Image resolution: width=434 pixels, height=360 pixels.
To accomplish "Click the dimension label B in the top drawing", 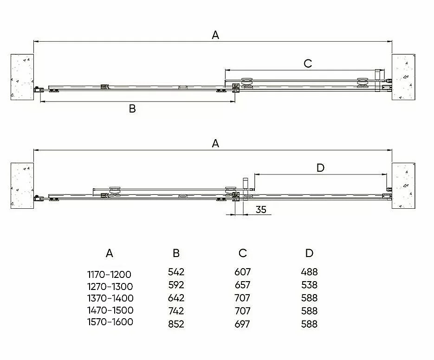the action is pyautogui.click(x=132, y=109).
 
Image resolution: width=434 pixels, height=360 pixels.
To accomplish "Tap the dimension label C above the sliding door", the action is pyautogui.click(x=308, y=64).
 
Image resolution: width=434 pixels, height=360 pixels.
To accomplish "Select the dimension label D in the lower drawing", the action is pyautogui.click(x=320, y=168).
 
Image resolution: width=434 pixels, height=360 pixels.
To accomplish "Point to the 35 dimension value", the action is pyautogui.click(x=261, y=210).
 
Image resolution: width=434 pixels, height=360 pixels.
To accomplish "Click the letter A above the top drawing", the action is pyautogui.click(x=215, y=35).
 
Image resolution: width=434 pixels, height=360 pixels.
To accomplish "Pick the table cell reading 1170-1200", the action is pyautogui.click(x=109, y=275).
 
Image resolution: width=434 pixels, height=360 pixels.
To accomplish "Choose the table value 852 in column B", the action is pyautogui.click(x=176, y=324).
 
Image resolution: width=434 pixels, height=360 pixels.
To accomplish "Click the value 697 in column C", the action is pyautogui.click(x=242, y=324).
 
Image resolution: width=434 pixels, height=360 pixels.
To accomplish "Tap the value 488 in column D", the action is pyautogui.click(x=309, y=272).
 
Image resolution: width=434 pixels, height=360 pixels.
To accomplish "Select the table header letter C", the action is pyautogui.click(x=242, y=253).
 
